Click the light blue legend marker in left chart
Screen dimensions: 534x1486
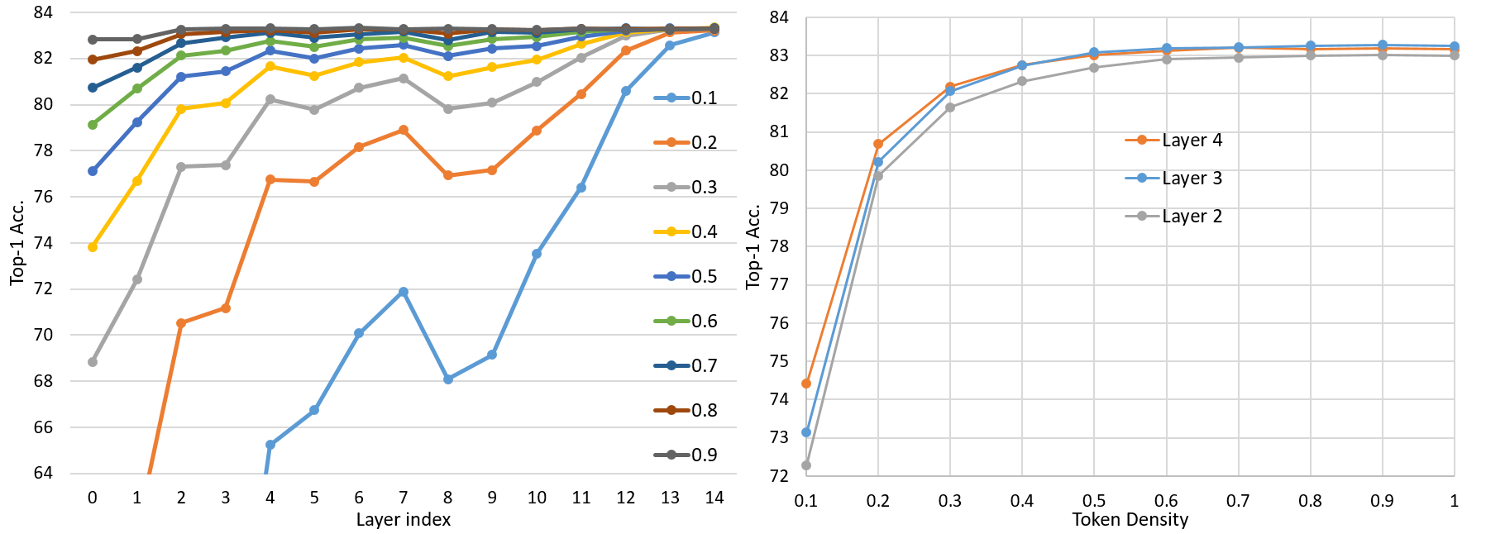671,98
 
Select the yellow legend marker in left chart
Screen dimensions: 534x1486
671,232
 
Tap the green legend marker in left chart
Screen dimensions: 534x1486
671,321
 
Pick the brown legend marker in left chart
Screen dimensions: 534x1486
671,410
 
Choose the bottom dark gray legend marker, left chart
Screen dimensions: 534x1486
671,455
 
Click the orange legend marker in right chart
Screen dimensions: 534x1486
1142,140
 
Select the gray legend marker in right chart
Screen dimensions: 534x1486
1142,216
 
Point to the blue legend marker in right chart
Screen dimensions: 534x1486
1142,178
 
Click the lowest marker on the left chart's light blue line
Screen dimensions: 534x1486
270,445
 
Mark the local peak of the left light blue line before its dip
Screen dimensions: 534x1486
404,292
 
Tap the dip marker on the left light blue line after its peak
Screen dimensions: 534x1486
448,379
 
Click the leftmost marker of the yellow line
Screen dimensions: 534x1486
93,247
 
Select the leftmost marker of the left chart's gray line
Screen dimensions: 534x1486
93,362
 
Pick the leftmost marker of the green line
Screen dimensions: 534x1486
93,125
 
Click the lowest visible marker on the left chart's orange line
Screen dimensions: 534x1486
181,323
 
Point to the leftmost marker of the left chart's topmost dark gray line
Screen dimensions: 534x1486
93,40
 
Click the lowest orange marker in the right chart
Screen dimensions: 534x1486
806,384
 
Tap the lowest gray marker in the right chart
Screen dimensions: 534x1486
806,465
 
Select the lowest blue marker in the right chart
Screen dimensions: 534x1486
806,432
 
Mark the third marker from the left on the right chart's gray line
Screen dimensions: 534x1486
950,107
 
